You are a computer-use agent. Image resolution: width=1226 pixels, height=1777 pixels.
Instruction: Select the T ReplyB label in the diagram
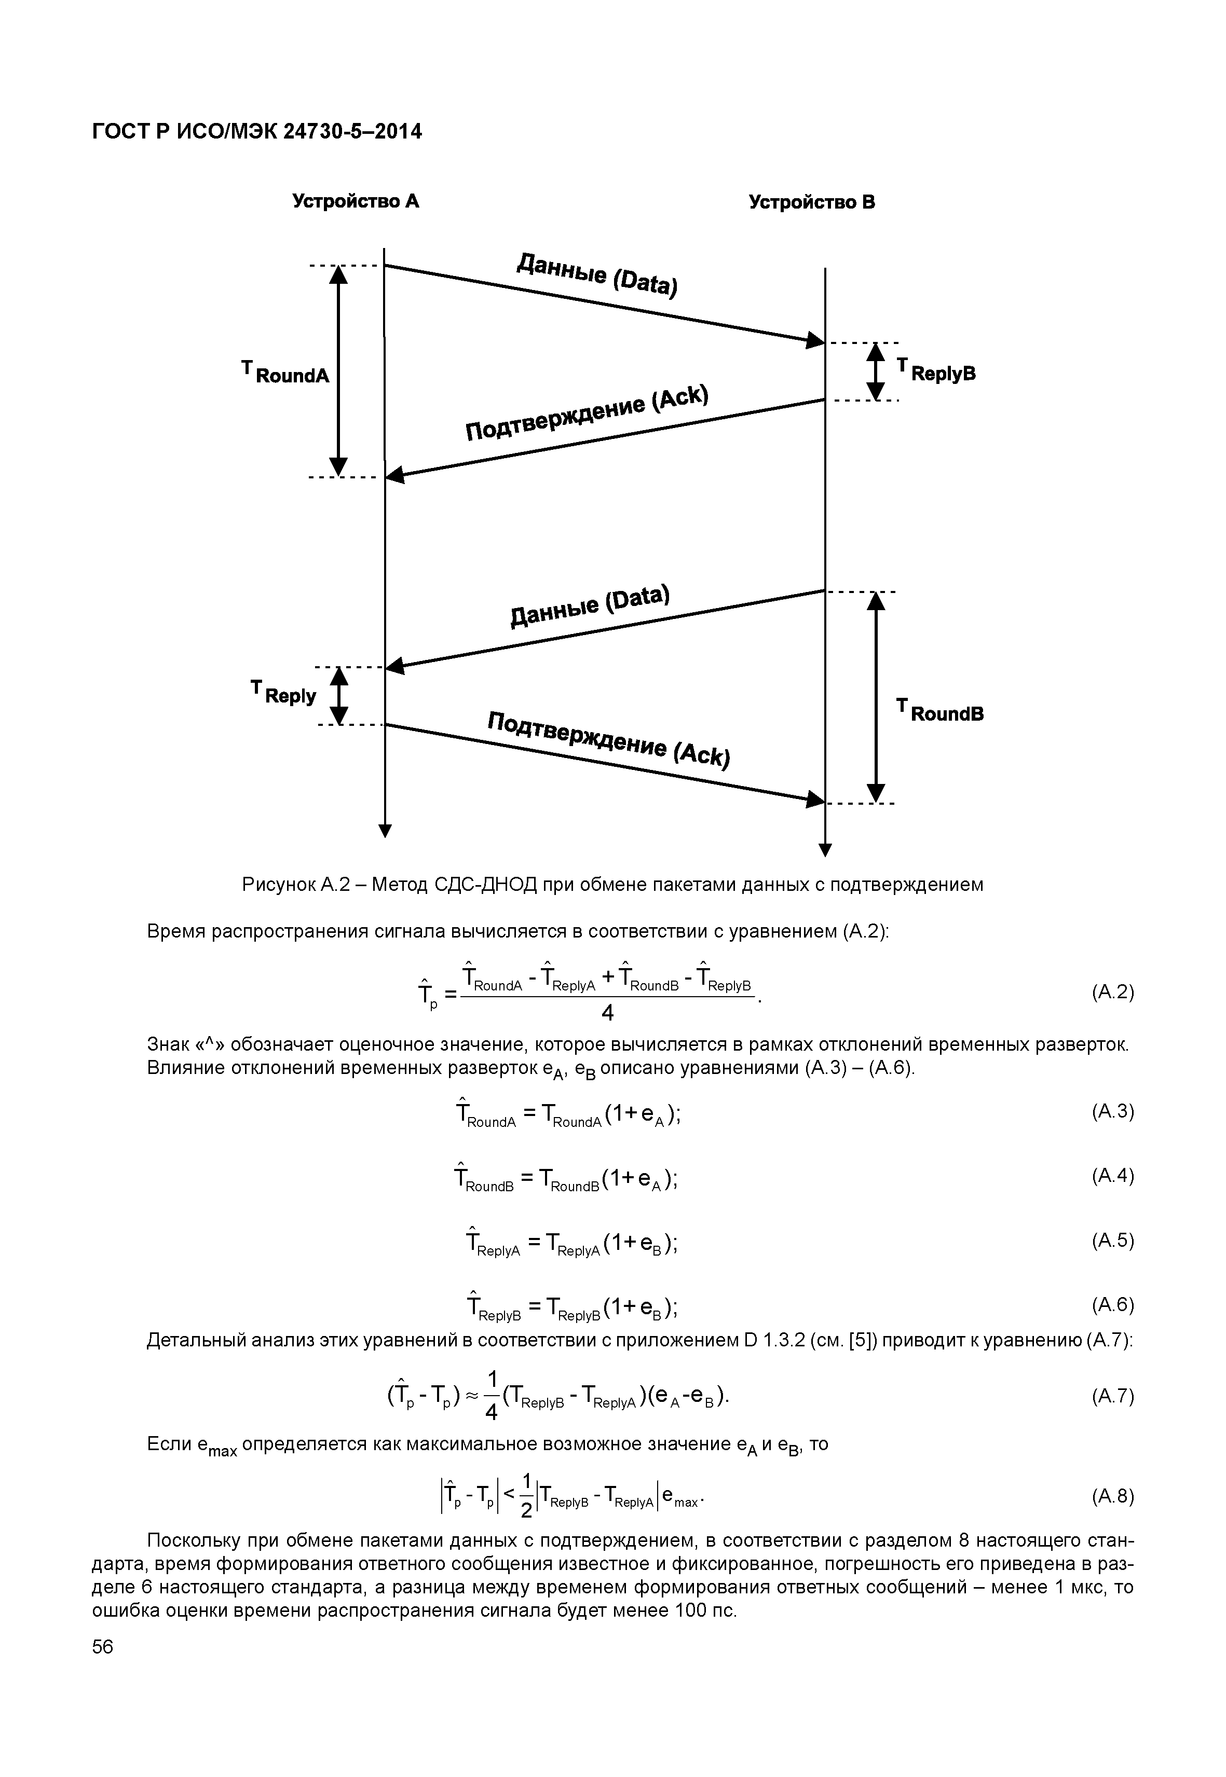(936, 371)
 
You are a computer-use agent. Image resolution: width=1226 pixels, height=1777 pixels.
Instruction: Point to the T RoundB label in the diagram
(940, 710)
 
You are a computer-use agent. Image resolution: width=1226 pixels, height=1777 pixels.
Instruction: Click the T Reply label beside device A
(283, 692)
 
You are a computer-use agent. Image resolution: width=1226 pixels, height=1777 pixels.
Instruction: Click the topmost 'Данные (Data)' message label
(597, 274)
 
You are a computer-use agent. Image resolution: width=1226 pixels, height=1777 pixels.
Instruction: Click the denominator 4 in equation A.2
(607, 1014)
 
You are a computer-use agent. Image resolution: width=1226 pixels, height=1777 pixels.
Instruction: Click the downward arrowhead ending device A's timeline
(385, 830)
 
